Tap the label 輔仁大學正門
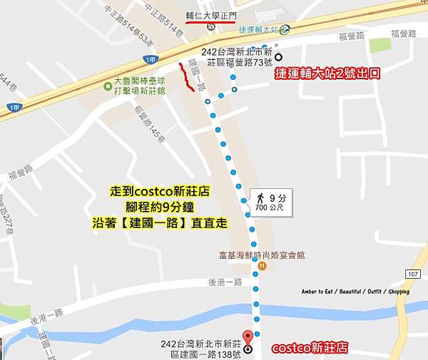click(210, 14)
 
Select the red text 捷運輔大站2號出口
click(327, 73)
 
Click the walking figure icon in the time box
click(261, 197)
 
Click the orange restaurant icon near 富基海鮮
click(263, 266)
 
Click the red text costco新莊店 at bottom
click(310, 349)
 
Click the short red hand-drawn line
click(186, 78)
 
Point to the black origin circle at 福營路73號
click(278, 58)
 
